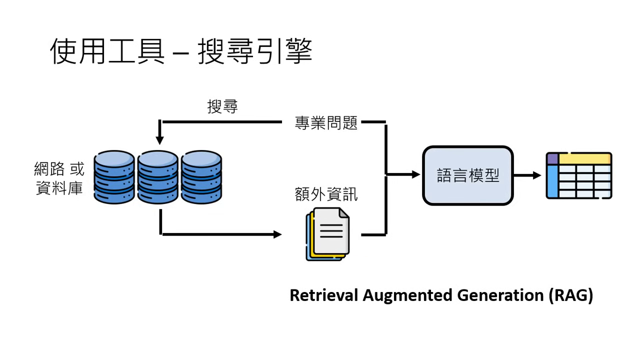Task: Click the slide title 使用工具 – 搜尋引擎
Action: [181, 51]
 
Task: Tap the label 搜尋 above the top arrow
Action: [222, 106]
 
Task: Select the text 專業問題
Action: [326, 123]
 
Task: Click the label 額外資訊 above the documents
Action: [326, 194]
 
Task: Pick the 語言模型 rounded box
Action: [467, 175]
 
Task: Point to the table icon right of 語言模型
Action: [578, 175]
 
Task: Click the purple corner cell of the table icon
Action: [552, 158]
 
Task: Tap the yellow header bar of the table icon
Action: [584, 158]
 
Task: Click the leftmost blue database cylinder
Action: [114, 177]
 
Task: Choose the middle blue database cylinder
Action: [158, 177]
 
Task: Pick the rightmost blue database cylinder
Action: [201, 177]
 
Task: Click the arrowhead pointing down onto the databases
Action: [159, 138]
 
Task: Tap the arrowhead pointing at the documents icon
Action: [277, 234]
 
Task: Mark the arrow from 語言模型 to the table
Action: [527, 175]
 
